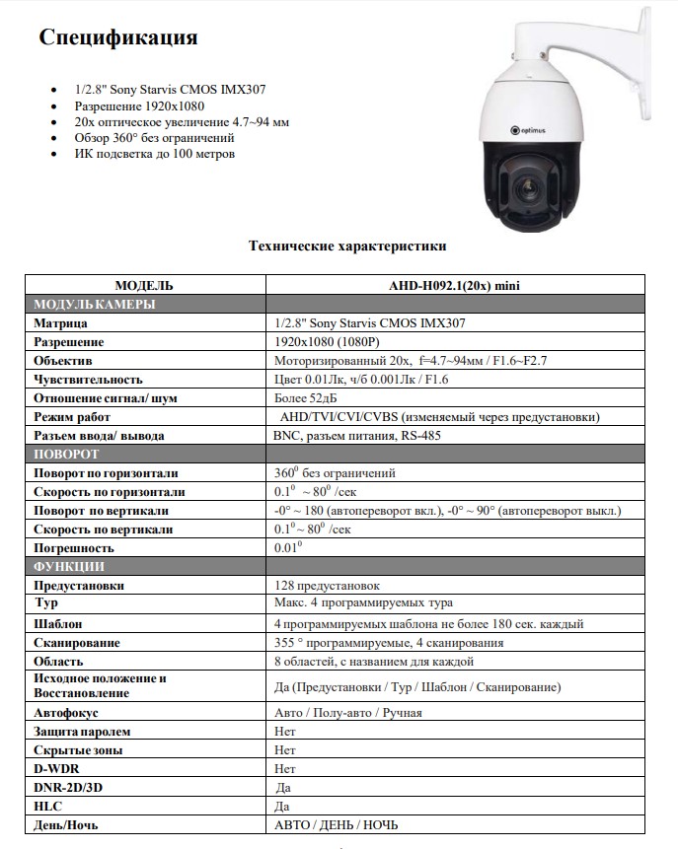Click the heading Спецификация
click(x=118, y=38)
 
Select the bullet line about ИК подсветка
click(x=155, y=154)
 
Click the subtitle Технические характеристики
click(x=347, y=246)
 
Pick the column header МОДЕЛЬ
click(x=144, y=285)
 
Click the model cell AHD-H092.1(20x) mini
click(x=455, y=285)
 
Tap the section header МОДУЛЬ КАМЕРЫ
click(x=95, y=304)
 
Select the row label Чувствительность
click(x=89, y=379)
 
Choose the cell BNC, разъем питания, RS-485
click(x=357, y=435)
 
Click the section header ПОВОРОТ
click(x=66, y=454)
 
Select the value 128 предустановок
click(x=327, y=586)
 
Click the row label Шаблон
click(x=58, y=623)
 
